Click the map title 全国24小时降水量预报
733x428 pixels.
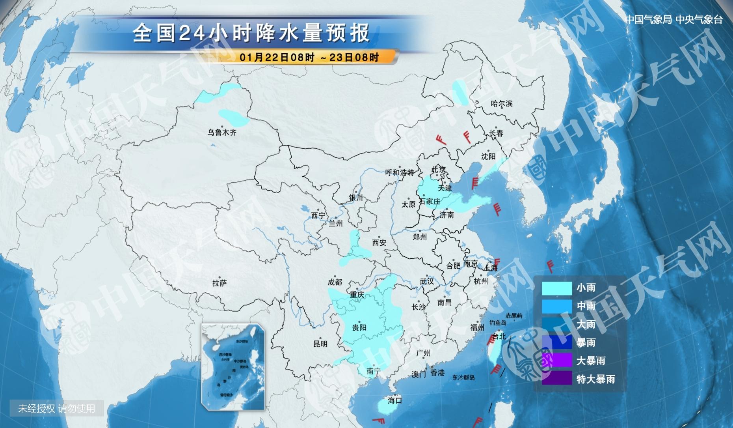click(251, 33)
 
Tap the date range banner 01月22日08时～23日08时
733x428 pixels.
click(309, 57)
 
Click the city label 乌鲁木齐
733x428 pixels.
click(222, 133)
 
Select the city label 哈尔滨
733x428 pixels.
click(502, 103)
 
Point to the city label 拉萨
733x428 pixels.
click(220, 283)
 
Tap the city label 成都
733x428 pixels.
click(335, 282)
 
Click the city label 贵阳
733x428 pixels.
click(359, 327)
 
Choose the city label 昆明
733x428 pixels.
click(320, 344)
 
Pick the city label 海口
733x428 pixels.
click(394, 400)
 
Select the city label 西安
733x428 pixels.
click(379, 243)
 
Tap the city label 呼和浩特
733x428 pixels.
click(400, 172)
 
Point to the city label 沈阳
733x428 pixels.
click(488, 156)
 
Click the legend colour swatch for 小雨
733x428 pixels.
click(556, 288)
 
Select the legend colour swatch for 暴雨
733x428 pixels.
click(556, 342)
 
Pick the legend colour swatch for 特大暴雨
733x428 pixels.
click(556, 379)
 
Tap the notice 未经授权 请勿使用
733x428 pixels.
click(57, 408)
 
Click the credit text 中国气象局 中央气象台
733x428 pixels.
click(674, 20)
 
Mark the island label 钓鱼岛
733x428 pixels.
click(498, 323)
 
